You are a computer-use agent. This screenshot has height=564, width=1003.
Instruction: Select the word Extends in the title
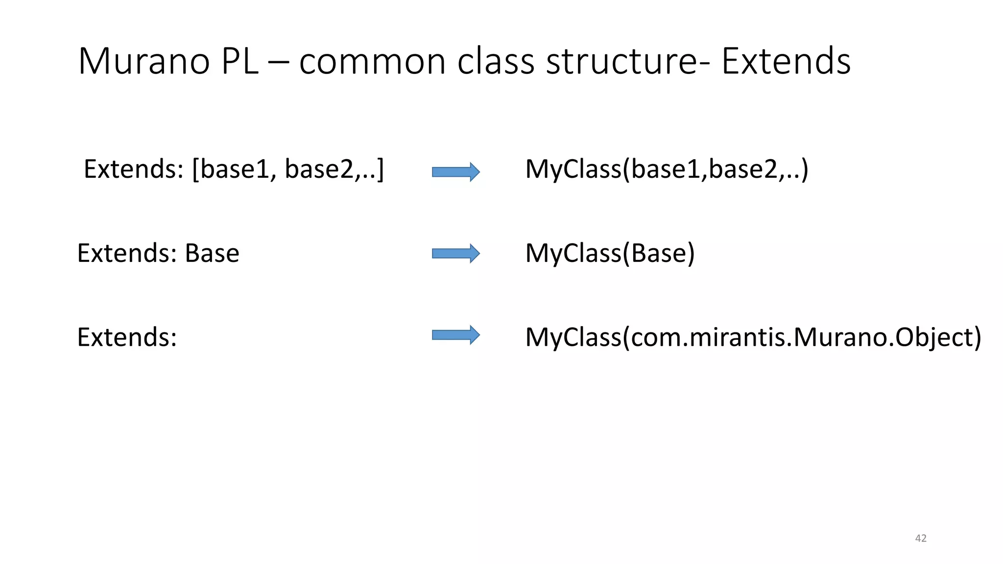(786, 62)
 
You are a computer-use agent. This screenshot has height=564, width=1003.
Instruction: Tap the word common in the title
(372, 62)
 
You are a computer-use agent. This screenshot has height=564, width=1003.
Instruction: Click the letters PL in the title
(239, 62)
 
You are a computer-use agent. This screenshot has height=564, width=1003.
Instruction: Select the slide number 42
(920, 538)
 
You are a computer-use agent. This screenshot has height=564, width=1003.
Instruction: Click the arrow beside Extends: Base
(455, 253)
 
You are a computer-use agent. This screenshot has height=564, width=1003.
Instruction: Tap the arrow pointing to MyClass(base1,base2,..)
(455, 172)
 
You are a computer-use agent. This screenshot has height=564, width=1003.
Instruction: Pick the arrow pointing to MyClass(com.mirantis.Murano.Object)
(455, 335)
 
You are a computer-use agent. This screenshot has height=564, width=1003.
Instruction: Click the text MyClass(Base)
(610, 253)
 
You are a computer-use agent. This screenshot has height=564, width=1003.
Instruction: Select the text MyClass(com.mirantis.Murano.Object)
(753, 337)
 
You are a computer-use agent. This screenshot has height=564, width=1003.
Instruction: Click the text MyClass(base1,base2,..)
(666, 169)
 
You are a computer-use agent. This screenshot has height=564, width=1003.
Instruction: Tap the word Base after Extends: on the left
(212, 253)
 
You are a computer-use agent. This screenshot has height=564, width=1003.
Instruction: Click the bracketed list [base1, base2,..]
(288, 169)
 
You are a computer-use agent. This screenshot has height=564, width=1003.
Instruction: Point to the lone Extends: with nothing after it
(127, 337)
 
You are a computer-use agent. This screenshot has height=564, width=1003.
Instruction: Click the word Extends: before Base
(127, 253)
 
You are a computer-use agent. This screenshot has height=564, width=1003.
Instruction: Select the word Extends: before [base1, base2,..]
(133, 169)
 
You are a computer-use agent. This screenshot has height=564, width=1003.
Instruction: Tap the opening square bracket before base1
(196, 169)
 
